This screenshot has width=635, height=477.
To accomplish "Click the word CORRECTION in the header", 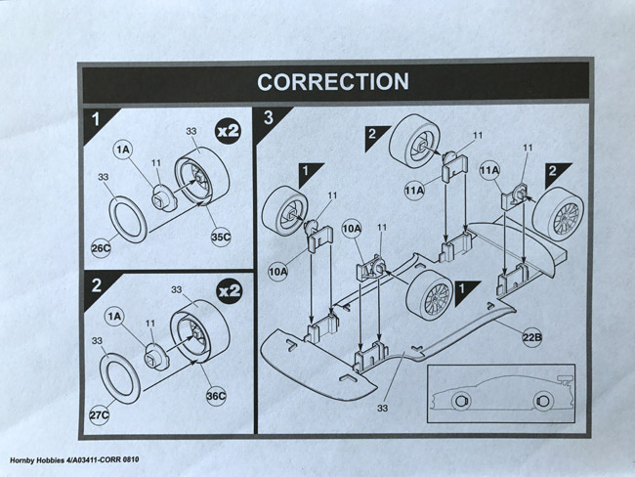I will (333, 82).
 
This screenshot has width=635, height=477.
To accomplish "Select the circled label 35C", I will (221, 236).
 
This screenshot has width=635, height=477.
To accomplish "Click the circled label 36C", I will (216, 398).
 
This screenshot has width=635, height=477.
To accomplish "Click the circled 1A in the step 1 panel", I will (123, 150).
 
